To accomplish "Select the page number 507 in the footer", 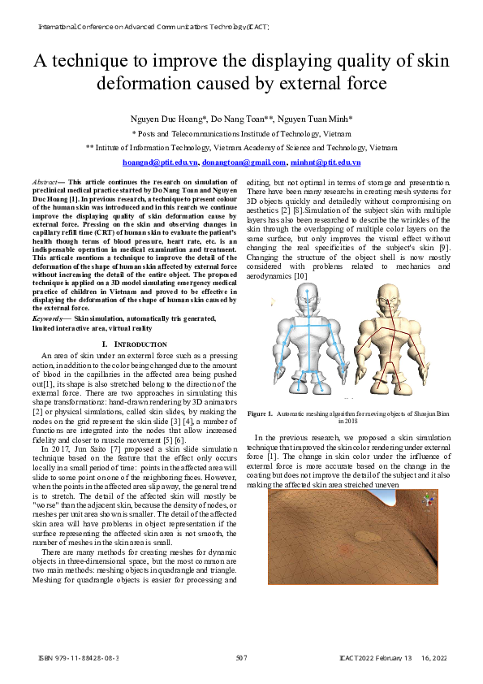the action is pyautogui.click(x=241, y=657).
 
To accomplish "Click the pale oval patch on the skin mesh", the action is pyautogui.click(x=367, y=537).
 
